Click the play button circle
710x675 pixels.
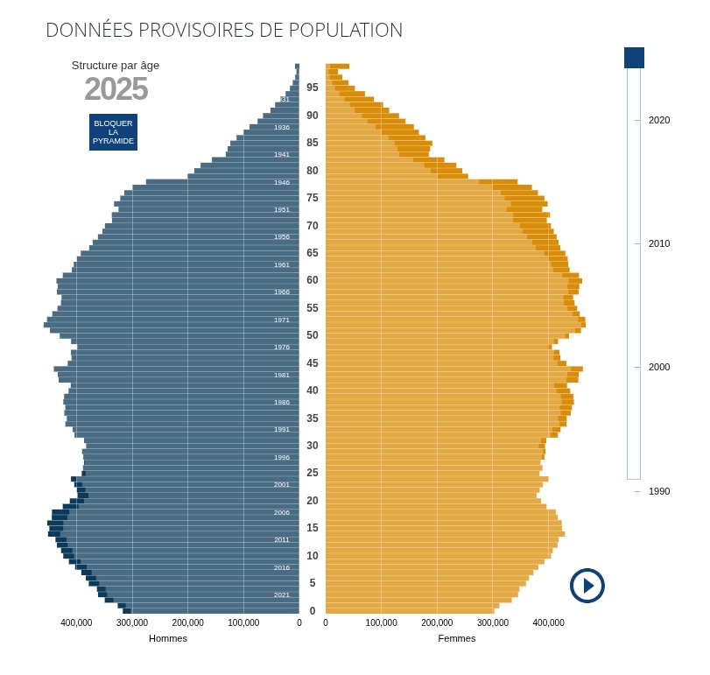(587, 586)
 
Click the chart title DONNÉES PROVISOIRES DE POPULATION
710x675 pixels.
(224, 30)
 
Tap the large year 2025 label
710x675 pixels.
(116, 89)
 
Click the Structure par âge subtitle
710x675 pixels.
(116, 65)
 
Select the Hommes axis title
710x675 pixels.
(168, 638)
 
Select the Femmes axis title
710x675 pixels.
(457, 638)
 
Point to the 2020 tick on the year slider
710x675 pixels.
(658, 120)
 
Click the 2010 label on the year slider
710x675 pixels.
(658, 243)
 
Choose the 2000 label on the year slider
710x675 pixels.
(658, 367)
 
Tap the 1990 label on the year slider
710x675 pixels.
(658, 491)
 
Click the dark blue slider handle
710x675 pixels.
(634, 58)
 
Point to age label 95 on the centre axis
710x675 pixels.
(313, 88)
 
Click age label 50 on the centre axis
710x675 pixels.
(313, 335)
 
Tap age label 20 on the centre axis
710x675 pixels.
(313, 501)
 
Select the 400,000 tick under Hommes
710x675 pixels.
(76, 622)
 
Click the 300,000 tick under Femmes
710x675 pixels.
(493, 622)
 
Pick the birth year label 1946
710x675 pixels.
(282, 183)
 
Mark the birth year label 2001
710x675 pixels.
(282, 485)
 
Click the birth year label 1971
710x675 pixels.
(282, 320)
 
